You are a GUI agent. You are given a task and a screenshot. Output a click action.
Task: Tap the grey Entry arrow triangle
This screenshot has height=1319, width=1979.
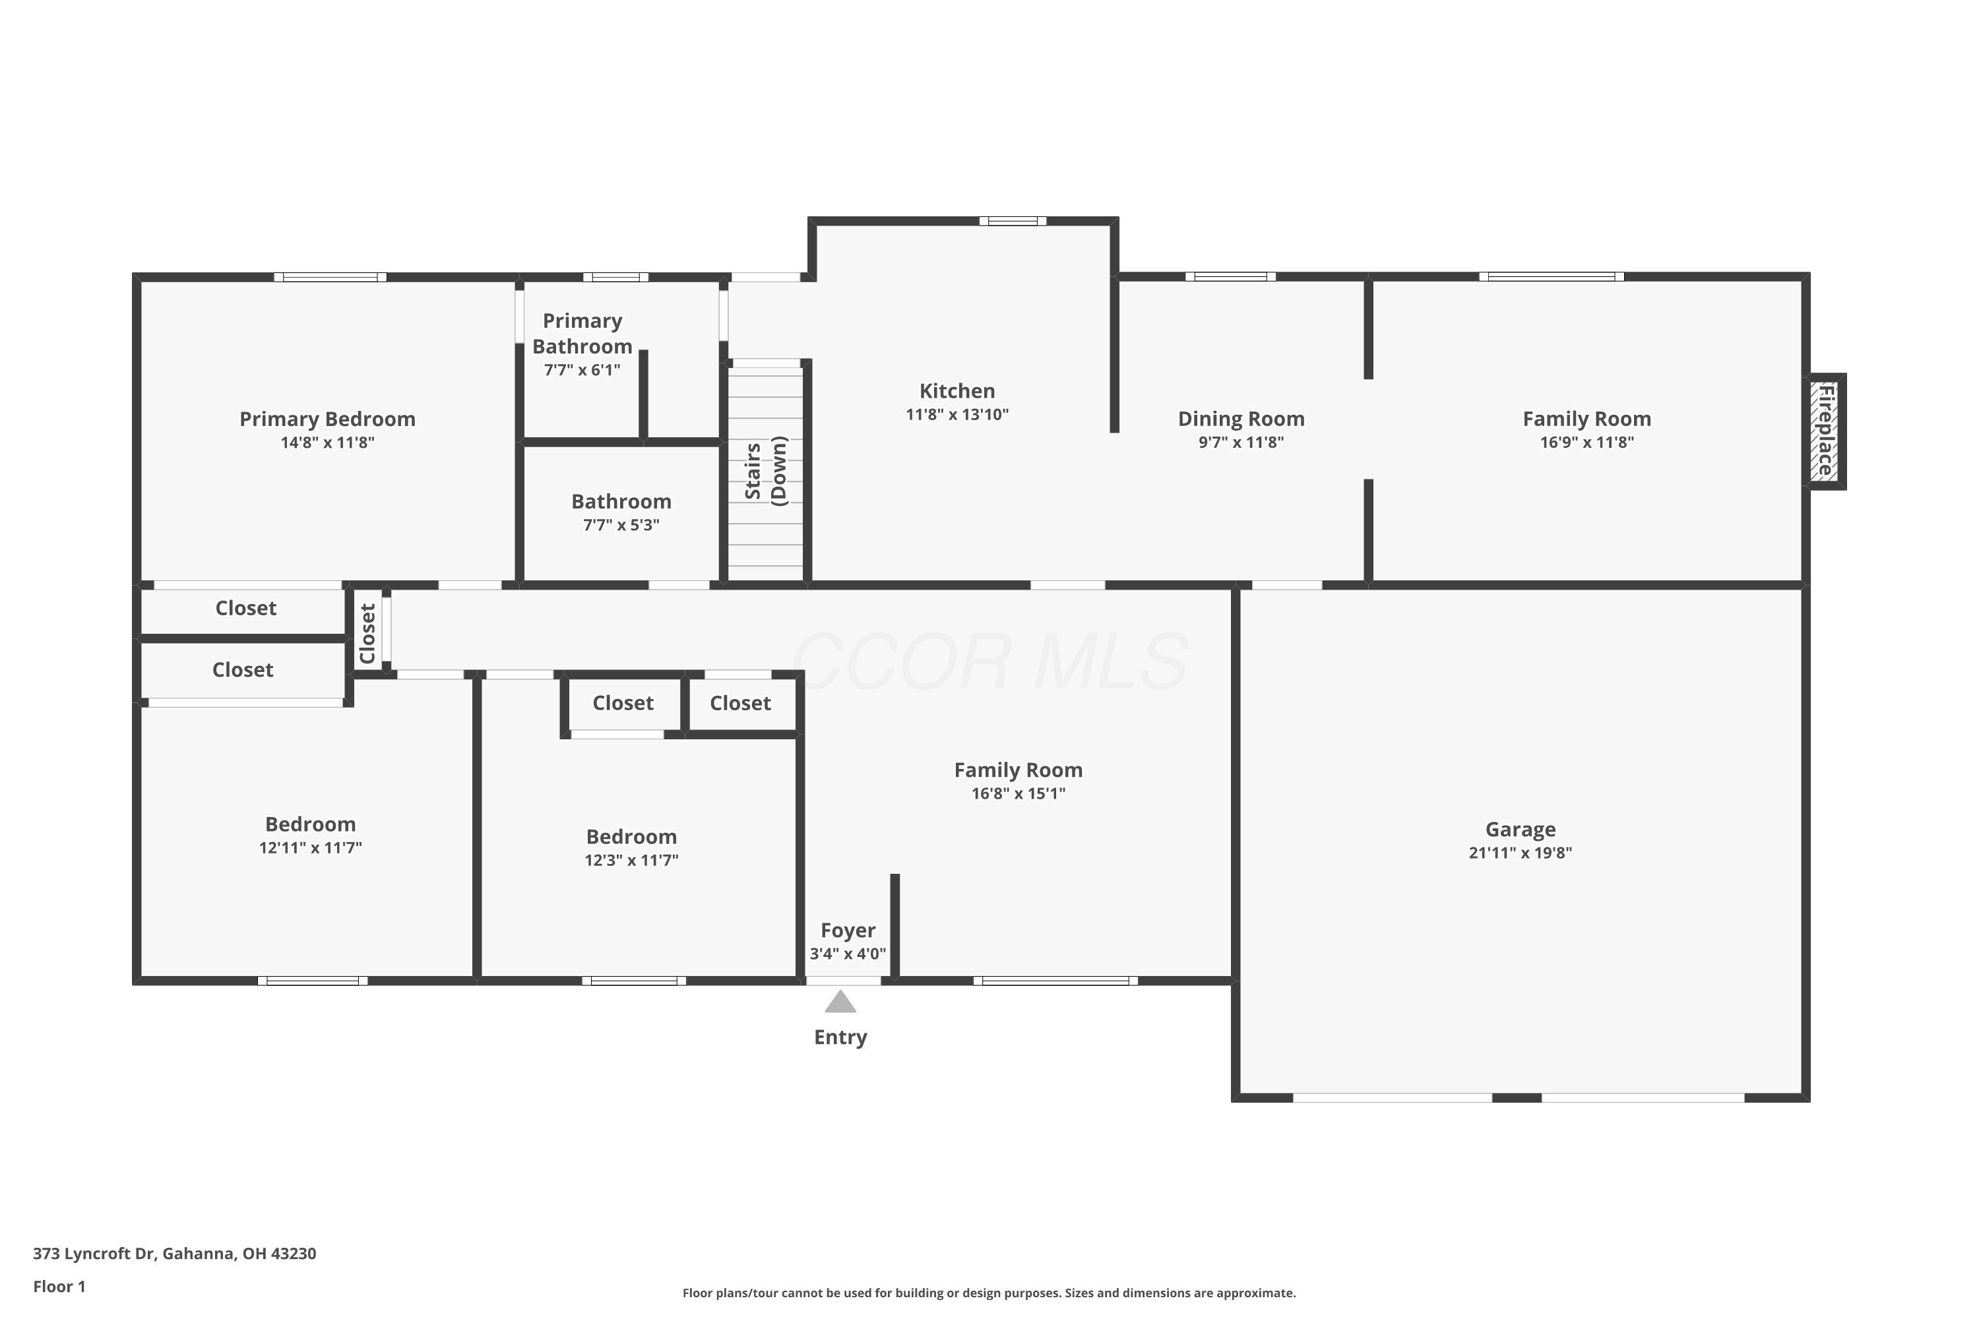tap(840, 1002)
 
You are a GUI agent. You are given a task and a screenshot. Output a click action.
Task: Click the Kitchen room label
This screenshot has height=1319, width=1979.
tap(957, 391)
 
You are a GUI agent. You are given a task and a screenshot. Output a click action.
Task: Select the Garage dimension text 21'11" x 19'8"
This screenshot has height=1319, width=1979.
tap(1520, 853)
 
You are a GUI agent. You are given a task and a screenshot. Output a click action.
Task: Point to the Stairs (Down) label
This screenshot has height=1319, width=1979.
tap(766, 471)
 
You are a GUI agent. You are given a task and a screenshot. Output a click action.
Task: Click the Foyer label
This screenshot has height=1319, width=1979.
tap(847, 931)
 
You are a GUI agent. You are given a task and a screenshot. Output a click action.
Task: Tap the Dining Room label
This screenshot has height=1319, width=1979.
tap(1240, 419)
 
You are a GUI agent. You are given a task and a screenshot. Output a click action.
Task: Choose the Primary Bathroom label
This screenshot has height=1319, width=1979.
tap(582, 334)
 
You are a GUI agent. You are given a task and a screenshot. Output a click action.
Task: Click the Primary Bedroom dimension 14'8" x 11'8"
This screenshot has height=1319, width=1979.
tap(327, 443)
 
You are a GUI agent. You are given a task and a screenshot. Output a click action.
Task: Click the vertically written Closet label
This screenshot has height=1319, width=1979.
tap(367, 633)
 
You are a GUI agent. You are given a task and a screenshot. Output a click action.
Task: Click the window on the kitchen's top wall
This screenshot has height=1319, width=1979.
tap(1012, 221)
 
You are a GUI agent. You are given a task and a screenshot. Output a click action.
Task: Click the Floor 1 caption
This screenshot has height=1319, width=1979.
tap(59, 1286)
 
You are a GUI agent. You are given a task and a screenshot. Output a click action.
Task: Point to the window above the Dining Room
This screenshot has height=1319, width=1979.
tap(1230, 277)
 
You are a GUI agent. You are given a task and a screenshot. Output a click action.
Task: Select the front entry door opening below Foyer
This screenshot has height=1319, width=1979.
tap(843, 981)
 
